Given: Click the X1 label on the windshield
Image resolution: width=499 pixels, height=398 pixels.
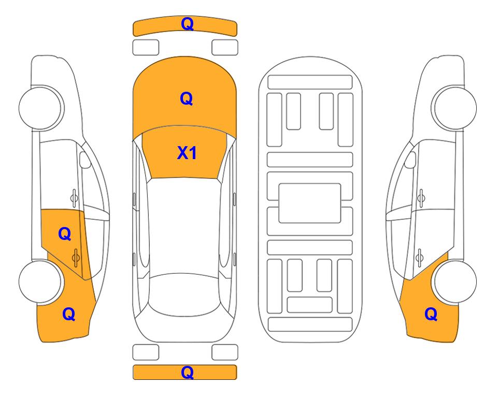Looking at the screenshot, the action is (187, 153).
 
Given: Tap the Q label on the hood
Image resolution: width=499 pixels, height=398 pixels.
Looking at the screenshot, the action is (187, 98).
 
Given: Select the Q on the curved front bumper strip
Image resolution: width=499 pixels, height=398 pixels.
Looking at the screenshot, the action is (187, 23).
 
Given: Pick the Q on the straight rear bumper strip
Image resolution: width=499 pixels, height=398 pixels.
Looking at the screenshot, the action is (187, 372).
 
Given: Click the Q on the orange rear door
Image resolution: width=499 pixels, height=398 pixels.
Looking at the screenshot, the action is (65, 234).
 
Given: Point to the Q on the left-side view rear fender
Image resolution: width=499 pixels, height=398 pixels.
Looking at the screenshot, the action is (69, 314).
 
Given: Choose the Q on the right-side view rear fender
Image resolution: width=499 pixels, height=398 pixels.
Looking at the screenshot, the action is (431, 314).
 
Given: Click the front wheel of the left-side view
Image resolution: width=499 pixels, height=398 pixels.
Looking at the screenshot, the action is (40, 108).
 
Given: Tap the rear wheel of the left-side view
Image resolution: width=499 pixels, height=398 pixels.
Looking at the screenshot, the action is (40, 281).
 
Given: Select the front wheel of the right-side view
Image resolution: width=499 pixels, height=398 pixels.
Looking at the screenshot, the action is (455, 108).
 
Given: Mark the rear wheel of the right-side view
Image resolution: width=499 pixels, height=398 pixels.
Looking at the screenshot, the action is (455, 281).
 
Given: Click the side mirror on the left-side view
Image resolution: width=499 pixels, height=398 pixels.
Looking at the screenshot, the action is (85, 160).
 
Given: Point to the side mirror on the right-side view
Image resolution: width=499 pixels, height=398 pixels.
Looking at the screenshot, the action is (410, 160).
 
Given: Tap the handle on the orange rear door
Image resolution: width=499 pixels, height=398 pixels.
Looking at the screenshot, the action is (76, 258).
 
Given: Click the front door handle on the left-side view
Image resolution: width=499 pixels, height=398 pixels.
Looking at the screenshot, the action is (74, 198).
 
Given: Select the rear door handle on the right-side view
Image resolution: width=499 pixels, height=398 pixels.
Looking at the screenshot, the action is (420, 258).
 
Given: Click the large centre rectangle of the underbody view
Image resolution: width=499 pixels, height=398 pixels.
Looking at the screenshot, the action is (310, 203).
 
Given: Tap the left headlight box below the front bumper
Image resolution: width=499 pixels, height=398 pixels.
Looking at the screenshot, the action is (146, 48).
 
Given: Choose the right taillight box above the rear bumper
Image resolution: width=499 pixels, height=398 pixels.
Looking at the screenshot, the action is (225, 352).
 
